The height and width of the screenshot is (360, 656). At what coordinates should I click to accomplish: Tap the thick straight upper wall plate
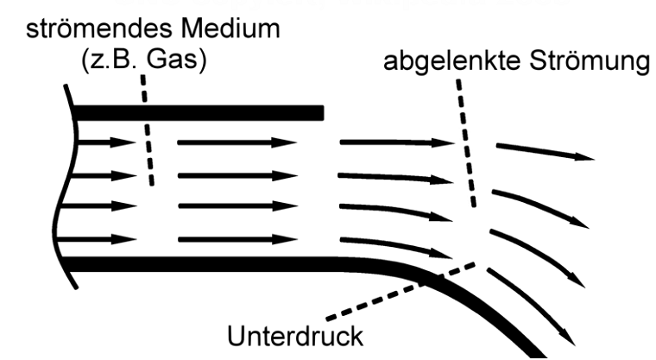point(199,112)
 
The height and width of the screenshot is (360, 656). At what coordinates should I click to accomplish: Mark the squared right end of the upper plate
point(320,112)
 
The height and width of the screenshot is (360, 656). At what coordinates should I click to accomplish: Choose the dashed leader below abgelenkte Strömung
point(466,142)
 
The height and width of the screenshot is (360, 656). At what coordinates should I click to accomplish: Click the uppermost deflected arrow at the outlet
point(544,152)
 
